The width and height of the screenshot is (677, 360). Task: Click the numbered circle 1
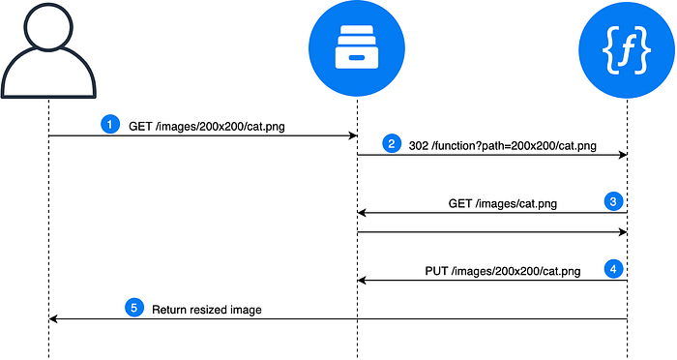[110, 125]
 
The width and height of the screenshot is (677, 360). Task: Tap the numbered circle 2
[391, 143]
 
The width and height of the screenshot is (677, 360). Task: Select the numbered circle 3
[613, 201]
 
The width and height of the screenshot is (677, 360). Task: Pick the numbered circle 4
[613, 269]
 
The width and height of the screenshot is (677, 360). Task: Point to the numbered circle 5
[133, 308]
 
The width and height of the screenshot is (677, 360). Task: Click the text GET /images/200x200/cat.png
[207, 127]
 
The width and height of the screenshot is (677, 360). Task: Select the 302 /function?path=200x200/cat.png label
[503, 145]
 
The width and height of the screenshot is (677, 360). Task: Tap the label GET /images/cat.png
[503, 203]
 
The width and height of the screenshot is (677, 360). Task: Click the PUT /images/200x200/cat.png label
[503, 271]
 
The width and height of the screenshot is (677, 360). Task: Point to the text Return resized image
[207, 310]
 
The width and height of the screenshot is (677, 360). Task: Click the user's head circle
[48, 26]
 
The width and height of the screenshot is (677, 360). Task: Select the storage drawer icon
[357, 47]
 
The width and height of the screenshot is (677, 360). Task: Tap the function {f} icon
[627, 50]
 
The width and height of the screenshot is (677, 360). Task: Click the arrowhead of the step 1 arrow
[353, 135]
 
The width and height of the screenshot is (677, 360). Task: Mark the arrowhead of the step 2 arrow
[623, 155]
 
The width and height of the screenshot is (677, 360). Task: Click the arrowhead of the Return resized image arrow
[52, 319]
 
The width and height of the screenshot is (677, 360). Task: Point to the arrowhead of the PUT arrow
[362, 281]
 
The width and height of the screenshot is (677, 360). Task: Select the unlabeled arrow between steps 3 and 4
[492, 232]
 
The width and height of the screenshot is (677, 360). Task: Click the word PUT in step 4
[436, 271]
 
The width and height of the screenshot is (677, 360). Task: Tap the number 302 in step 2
[419, 145]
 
